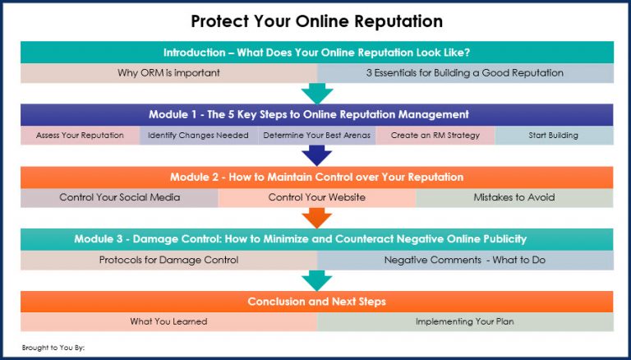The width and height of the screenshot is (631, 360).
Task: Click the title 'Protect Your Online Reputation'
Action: (x=316, y=20)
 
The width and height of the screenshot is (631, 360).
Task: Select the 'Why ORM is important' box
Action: (x=168, y=72)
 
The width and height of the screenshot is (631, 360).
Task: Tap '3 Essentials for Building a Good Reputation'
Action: (x=465, y=72)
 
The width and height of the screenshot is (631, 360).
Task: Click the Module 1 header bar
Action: (x=316, y=114)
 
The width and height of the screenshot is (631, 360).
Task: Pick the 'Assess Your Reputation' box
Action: (x=80, y=136)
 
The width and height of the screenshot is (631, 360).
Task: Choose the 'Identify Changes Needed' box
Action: (x=198, y=136)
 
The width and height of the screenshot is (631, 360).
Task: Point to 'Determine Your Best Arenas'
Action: (x=316, y=136)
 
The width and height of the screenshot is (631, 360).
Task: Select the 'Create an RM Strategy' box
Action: (x=435, y=136)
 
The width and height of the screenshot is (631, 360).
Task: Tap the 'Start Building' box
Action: (x=554, y=136)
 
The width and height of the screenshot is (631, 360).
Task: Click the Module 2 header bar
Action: (x=316, y=177)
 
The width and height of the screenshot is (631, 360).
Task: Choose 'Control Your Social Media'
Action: (x=119, y=198)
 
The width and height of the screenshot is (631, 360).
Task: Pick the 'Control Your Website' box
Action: (x=316, y=198)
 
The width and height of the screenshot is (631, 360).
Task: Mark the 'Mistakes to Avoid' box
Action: (x=514, y=198)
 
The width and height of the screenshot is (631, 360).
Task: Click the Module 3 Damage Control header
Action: (x=316, y=239)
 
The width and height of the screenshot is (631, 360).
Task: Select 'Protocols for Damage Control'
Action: (x=168, y=261)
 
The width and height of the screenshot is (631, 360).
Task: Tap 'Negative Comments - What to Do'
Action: (x=465, y=261)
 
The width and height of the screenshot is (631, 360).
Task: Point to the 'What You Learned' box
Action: (x=168, y=322)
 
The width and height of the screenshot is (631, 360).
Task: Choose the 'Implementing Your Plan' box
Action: (x=465, y=322)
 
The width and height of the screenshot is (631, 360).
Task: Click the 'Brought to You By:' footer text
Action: (x=53, y=348)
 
